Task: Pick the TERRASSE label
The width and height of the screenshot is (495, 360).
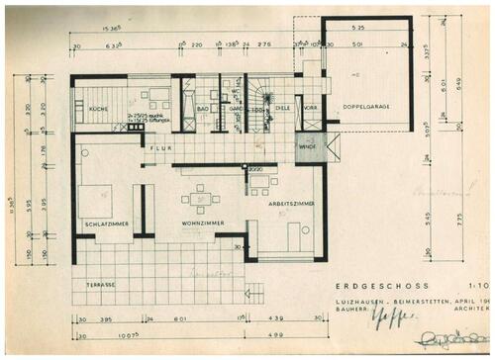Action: tap(101, 285)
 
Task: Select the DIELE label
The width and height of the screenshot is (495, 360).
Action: tap(281, 109)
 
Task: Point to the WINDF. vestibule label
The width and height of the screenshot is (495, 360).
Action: tap(307, 149)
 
